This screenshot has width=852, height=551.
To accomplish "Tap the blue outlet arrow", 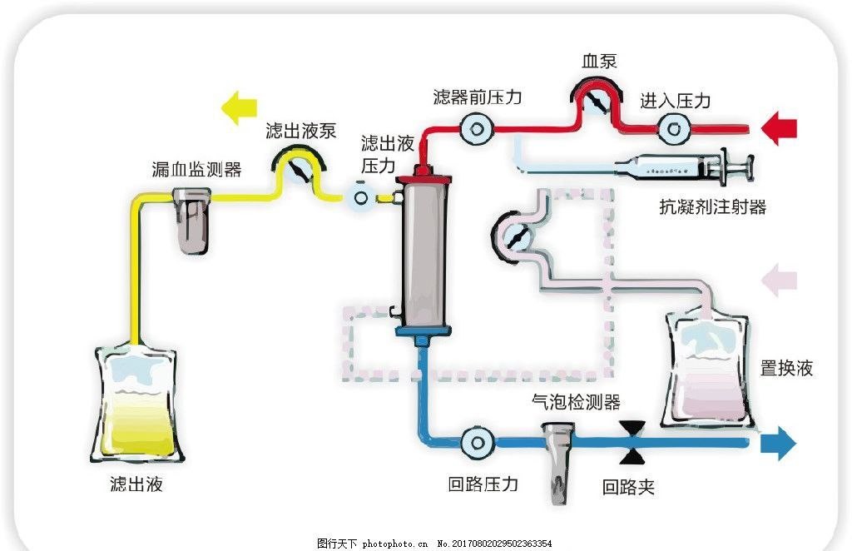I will [779, 442].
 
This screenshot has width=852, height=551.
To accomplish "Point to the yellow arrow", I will [240, 107].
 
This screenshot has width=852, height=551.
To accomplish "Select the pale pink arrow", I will [780, 279].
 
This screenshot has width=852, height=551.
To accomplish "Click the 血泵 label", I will [600, 62].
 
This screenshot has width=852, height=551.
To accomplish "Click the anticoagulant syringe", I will [683, 168].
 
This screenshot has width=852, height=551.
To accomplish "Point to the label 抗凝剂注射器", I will [711, 207].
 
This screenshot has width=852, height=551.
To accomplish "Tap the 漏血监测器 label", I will [196, 170].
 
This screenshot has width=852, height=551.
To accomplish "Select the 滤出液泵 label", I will [300, 131].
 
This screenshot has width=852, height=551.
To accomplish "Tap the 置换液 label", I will [786, 368].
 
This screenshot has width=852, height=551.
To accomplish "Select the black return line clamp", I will [634, 442].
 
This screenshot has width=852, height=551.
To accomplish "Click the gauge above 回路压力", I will [478, 441].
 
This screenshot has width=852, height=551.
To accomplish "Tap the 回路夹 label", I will [628, 487].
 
